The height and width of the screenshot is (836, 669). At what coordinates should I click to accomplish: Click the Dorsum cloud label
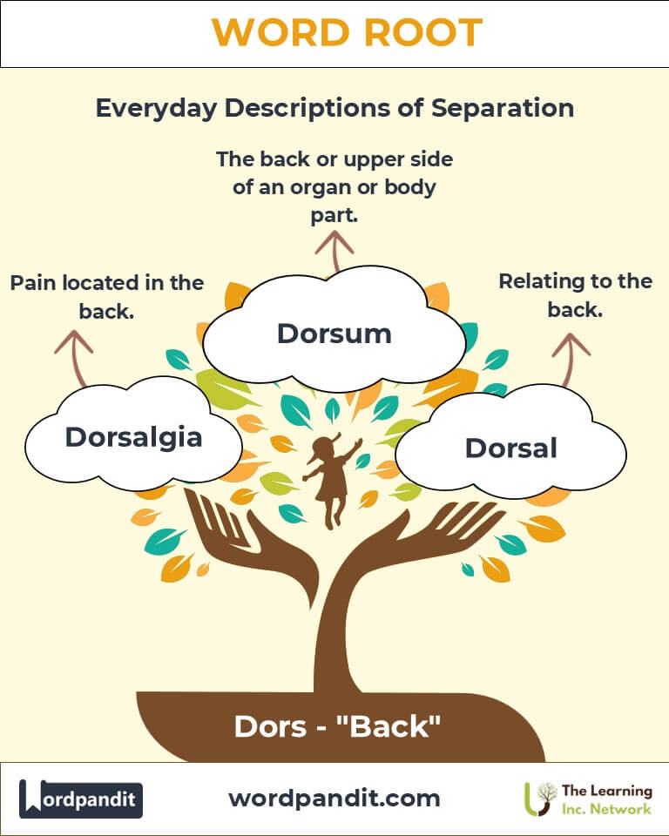tap(334, 333)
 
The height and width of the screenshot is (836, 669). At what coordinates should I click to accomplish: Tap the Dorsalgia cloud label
tap(133, 436)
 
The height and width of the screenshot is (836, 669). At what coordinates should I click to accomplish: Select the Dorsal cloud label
tap(510, 448)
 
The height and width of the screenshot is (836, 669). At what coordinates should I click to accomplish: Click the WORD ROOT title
tap(334, 33)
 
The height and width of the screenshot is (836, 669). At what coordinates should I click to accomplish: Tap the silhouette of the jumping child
tap(330, 480)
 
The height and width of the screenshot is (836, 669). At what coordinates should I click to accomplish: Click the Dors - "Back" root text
tap(334, 726)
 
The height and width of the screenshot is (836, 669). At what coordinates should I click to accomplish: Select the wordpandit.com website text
tap(334, 798)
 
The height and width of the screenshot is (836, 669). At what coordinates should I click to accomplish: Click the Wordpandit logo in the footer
tap(81, 799)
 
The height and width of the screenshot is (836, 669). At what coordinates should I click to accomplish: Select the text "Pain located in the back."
tap(106, 296)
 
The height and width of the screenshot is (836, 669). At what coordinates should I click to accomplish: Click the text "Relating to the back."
tap(575, 294)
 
